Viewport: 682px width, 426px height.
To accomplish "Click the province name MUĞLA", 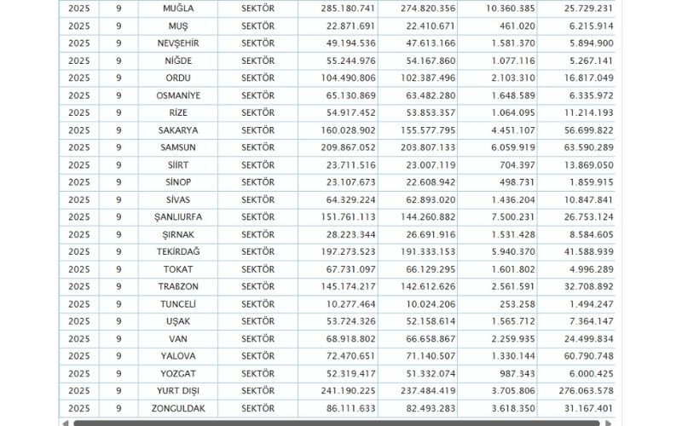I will click(178, 8).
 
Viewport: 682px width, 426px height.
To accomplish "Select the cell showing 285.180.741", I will click(344, 8).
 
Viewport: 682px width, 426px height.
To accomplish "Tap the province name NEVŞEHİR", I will click(178, 43).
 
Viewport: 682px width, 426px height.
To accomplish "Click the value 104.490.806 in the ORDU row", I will click(344, 78).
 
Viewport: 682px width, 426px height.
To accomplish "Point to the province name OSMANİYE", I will click(178, 95).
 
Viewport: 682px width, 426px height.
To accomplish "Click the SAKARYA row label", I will click(178, 130).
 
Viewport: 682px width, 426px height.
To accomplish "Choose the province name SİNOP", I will click(178, 182).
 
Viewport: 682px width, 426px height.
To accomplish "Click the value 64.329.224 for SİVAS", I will click(344, 200).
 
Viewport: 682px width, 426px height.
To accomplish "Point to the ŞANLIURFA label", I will click(178, 217).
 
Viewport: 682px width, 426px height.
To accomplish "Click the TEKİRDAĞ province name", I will click(178, 252).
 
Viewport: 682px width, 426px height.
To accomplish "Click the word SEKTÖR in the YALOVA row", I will click(258, 357).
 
